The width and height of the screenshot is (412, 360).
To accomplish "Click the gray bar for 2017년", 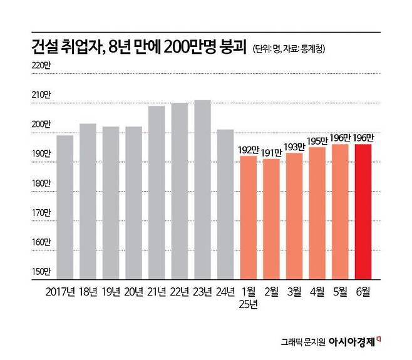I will [x=65, y=207].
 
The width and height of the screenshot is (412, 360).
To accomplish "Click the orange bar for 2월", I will [x=271, y=219].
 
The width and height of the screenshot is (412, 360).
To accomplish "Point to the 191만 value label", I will [x=271, y=153].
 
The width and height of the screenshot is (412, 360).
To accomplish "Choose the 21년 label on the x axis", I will [x=157, y=292].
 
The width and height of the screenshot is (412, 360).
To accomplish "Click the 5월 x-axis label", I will [x=341, y=292].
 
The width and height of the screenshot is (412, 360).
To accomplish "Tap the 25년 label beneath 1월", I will [x=249, y=305].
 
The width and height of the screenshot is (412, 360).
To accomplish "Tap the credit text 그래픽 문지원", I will [x=306, y=342].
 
